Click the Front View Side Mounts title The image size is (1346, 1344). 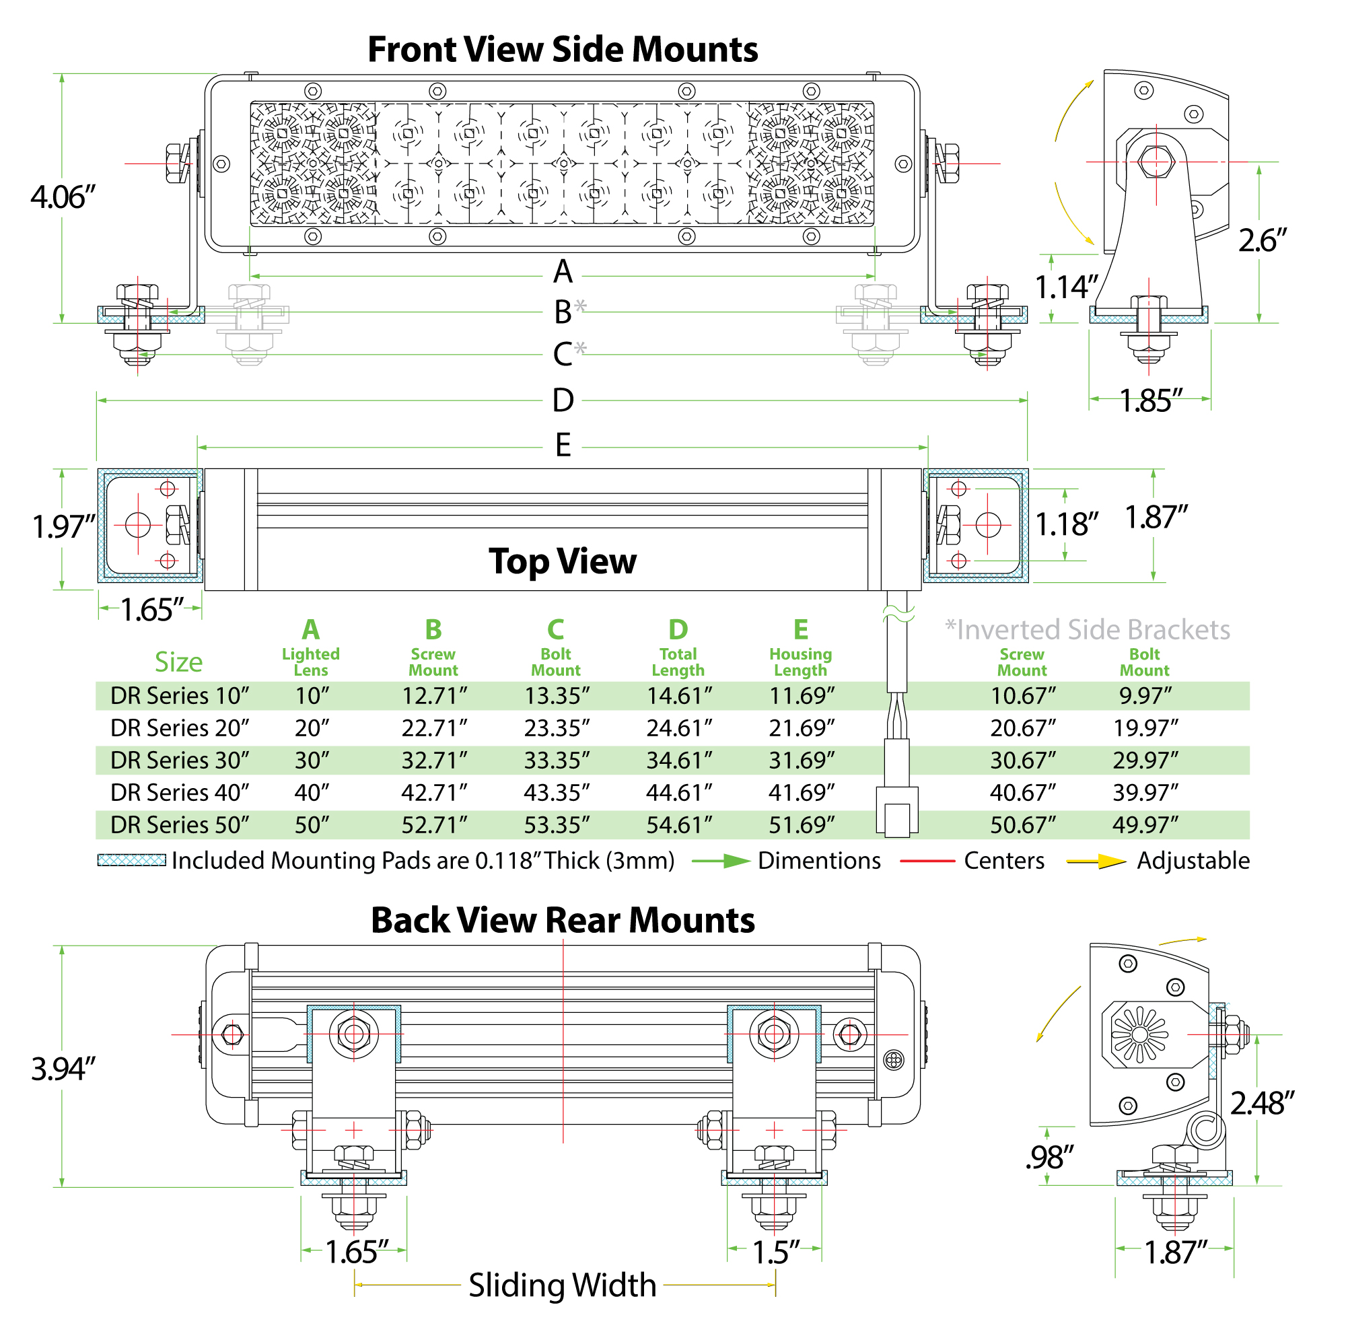562,50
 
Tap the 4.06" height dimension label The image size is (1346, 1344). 63,197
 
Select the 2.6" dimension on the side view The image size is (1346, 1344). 1262,241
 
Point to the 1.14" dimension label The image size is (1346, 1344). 1067,287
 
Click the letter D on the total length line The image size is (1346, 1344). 563,400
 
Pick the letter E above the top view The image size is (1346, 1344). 563,446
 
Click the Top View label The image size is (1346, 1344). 562,561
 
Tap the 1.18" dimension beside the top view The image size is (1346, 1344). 1067,525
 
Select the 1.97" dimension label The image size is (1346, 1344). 63,527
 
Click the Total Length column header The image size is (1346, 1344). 678,662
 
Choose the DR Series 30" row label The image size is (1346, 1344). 180,760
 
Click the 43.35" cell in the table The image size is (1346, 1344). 557,793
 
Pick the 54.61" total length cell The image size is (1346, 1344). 679,825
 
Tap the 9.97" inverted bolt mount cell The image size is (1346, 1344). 1145,695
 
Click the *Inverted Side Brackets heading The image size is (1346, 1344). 1087,630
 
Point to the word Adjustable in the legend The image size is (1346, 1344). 1193,861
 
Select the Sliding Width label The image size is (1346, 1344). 562,1285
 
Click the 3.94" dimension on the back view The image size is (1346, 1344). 63,1069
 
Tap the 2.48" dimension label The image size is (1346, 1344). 1262,1104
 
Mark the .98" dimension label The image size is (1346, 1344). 1049,1158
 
